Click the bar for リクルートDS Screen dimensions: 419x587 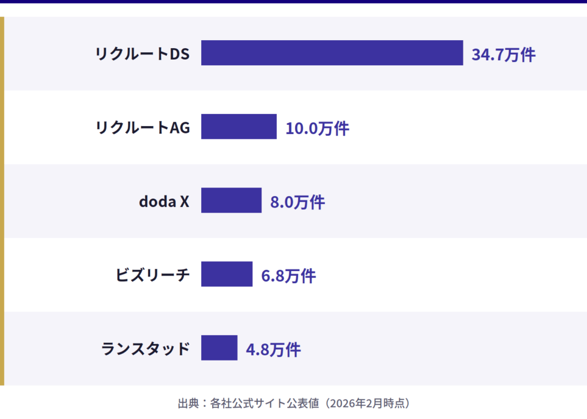coord(332,53)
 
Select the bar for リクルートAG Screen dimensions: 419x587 coord(238,127)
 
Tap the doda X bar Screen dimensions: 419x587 coord(231,200)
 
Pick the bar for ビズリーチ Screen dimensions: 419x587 coord(226,274)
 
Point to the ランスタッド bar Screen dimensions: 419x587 coord(219,348)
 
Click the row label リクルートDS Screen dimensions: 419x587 coord(142,54)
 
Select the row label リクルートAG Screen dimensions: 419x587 coord(142,127)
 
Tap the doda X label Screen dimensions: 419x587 coord(164,201)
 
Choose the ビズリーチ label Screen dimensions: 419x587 coord(152,275)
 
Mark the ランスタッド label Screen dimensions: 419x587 coord(146,348)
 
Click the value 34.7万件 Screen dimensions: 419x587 coord(503,54)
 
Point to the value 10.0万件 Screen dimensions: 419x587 coord(317,128)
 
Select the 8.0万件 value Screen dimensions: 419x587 coord(298,202)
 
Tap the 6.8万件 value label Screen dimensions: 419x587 coord(288,276)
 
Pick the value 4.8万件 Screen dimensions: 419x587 coord(273,349)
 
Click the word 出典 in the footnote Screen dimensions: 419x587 coord(187,403)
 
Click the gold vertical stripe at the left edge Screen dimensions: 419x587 coord(2,201)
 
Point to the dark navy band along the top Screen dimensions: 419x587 coord(293,2)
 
